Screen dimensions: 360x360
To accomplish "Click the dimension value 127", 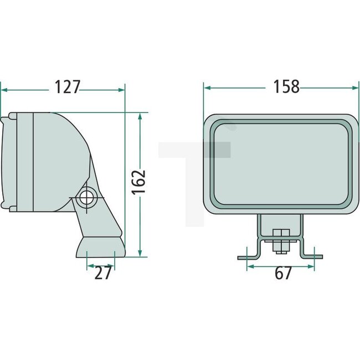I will coord(68,87).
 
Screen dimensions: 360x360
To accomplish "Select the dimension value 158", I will coord(287,86).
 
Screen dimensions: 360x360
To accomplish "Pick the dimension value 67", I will coord(282,273).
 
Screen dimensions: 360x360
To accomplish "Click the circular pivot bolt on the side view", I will coord(86,197).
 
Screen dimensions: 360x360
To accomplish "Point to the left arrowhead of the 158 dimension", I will coord(207,86).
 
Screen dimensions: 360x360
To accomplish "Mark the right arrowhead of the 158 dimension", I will coord(352,86).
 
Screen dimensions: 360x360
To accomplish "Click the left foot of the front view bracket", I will coord(247,257).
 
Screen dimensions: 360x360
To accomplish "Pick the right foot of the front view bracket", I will coord(313,257).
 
